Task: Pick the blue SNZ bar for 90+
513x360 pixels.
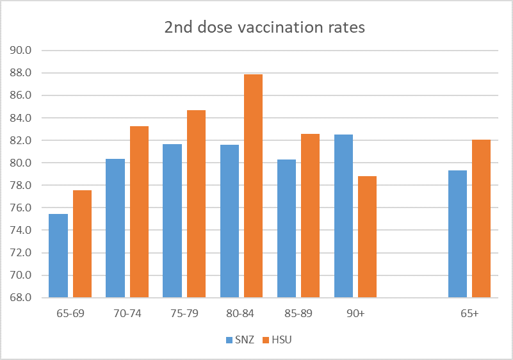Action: [x=343, y=216]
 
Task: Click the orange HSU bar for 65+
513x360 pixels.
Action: [x=481, y=218]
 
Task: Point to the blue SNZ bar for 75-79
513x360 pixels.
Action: [x=172, y=220]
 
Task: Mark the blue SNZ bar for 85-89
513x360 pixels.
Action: [x=286, y=228]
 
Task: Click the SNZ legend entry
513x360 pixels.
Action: [x=238, y=340]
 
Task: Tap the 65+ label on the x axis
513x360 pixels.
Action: [x=469, y=314]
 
